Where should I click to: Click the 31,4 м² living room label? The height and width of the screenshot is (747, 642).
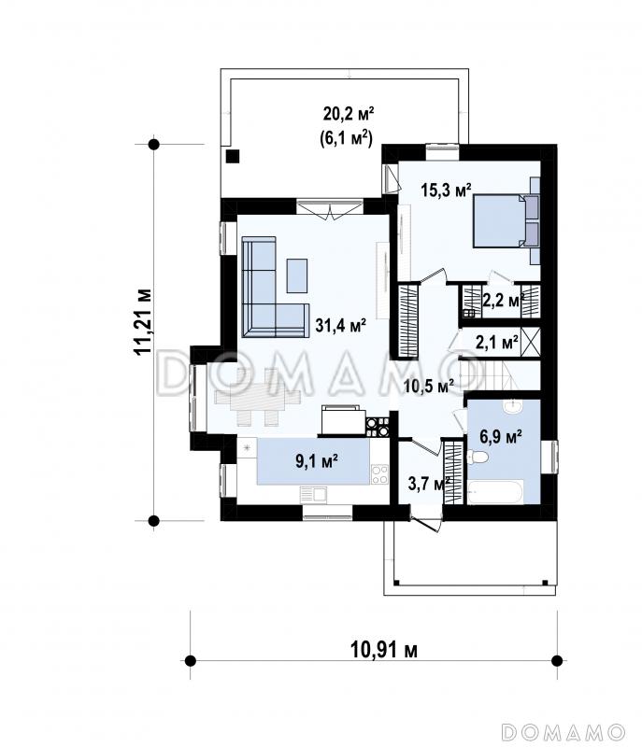[341, 326]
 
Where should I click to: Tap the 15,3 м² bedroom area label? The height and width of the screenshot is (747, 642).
[446, 190]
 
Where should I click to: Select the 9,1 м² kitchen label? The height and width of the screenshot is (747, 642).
[317, 460]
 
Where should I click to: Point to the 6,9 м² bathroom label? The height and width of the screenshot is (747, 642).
[501, 436]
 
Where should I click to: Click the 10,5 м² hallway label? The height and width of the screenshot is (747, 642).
[429, 386]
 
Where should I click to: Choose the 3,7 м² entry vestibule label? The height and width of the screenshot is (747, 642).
[429, 484]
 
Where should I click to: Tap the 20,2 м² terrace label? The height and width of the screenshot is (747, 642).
[349, 114]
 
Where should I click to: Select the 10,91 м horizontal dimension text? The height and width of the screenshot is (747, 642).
[384, 649]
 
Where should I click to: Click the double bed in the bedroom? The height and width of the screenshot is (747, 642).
[506, 221]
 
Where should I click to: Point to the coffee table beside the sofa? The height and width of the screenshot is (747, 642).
[297, 275]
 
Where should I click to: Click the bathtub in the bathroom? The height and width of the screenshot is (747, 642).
[495, 492]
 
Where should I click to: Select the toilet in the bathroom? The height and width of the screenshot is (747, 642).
[478, 458]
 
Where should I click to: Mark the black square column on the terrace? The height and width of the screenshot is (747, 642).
[233, 156]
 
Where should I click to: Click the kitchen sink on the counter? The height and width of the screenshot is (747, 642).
[313, 495]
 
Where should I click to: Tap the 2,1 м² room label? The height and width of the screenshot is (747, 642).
[497, 341]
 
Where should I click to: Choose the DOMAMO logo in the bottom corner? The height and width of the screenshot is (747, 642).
[564, 731]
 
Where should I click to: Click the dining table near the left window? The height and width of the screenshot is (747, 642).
[258, 397]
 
